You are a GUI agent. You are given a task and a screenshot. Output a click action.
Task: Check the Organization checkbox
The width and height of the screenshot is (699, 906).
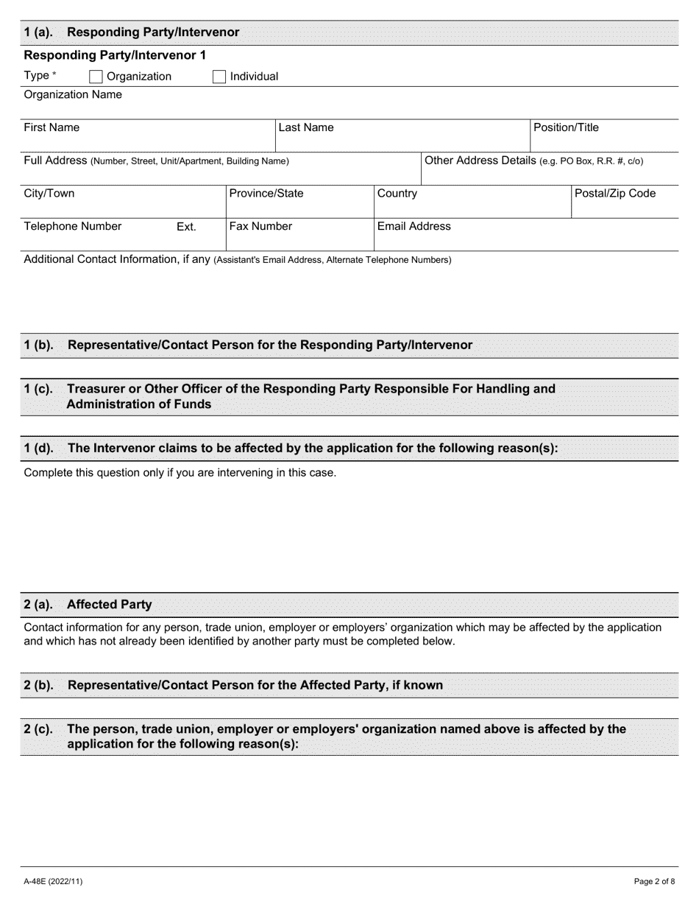[96, 77]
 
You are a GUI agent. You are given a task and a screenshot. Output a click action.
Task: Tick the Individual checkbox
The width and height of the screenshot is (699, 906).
[219, 77]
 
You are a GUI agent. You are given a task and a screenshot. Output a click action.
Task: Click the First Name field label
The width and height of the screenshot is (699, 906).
[52, 127]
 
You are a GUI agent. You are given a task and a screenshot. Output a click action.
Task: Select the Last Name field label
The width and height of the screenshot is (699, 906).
[305, 127]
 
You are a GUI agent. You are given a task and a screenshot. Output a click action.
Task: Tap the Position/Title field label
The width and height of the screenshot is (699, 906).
[566, 127]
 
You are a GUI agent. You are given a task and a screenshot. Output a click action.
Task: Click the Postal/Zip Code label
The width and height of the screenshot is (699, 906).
[615, 193]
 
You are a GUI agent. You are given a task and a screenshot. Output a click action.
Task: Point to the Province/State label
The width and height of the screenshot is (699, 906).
[266, 193]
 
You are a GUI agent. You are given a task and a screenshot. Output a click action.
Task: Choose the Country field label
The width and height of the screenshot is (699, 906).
[397, 193]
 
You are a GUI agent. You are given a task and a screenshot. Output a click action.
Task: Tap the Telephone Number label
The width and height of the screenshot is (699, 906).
[73, 226]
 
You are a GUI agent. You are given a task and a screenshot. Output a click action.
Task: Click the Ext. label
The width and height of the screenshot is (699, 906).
[186, 227]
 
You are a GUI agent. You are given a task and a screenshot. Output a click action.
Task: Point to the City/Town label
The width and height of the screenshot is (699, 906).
[49, 193]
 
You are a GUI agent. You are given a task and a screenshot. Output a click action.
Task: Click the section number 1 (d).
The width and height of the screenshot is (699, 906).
[38, 448]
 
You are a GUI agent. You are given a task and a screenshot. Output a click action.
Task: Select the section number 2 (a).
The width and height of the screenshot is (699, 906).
[38, 604]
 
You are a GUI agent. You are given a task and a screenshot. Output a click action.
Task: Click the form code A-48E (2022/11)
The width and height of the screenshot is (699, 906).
[48, 881]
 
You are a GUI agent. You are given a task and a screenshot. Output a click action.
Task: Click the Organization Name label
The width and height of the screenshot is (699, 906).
[73, 94]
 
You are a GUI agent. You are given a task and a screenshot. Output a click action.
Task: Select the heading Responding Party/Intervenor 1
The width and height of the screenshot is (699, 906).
[115, 55]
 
